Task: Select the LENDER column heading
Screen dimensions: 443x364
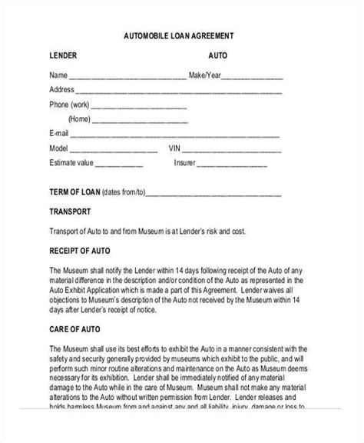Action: point(64,56)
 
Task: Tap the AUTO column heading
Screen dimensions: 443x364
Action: point(217,56)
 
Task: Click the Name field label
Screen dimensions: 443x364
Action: point(58,75)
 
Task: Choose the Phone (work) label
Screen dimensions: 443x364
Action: point(69,105)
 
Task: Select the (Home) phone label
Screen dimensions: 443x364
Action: point(79,119)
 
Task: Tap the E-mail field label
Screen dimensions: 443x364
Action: point(60,134)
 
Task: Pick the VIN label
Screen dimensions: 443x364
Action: point(174,148)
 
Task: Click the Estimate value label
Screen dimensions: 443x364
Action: point(71,163)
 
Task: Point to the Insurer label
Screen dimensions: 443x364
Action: point(185,163)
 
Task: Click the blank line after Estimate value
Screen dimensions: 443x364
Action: point(119,165)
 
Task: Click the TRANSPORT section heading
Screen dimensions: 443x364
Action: point(71,211)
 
